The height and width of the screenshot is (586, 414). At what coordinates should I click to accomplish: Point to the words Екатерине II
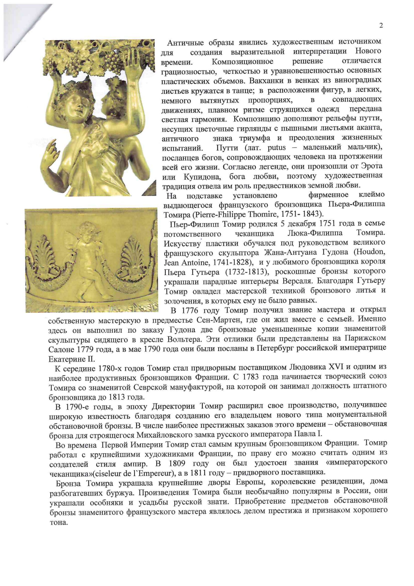[71, 359]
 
